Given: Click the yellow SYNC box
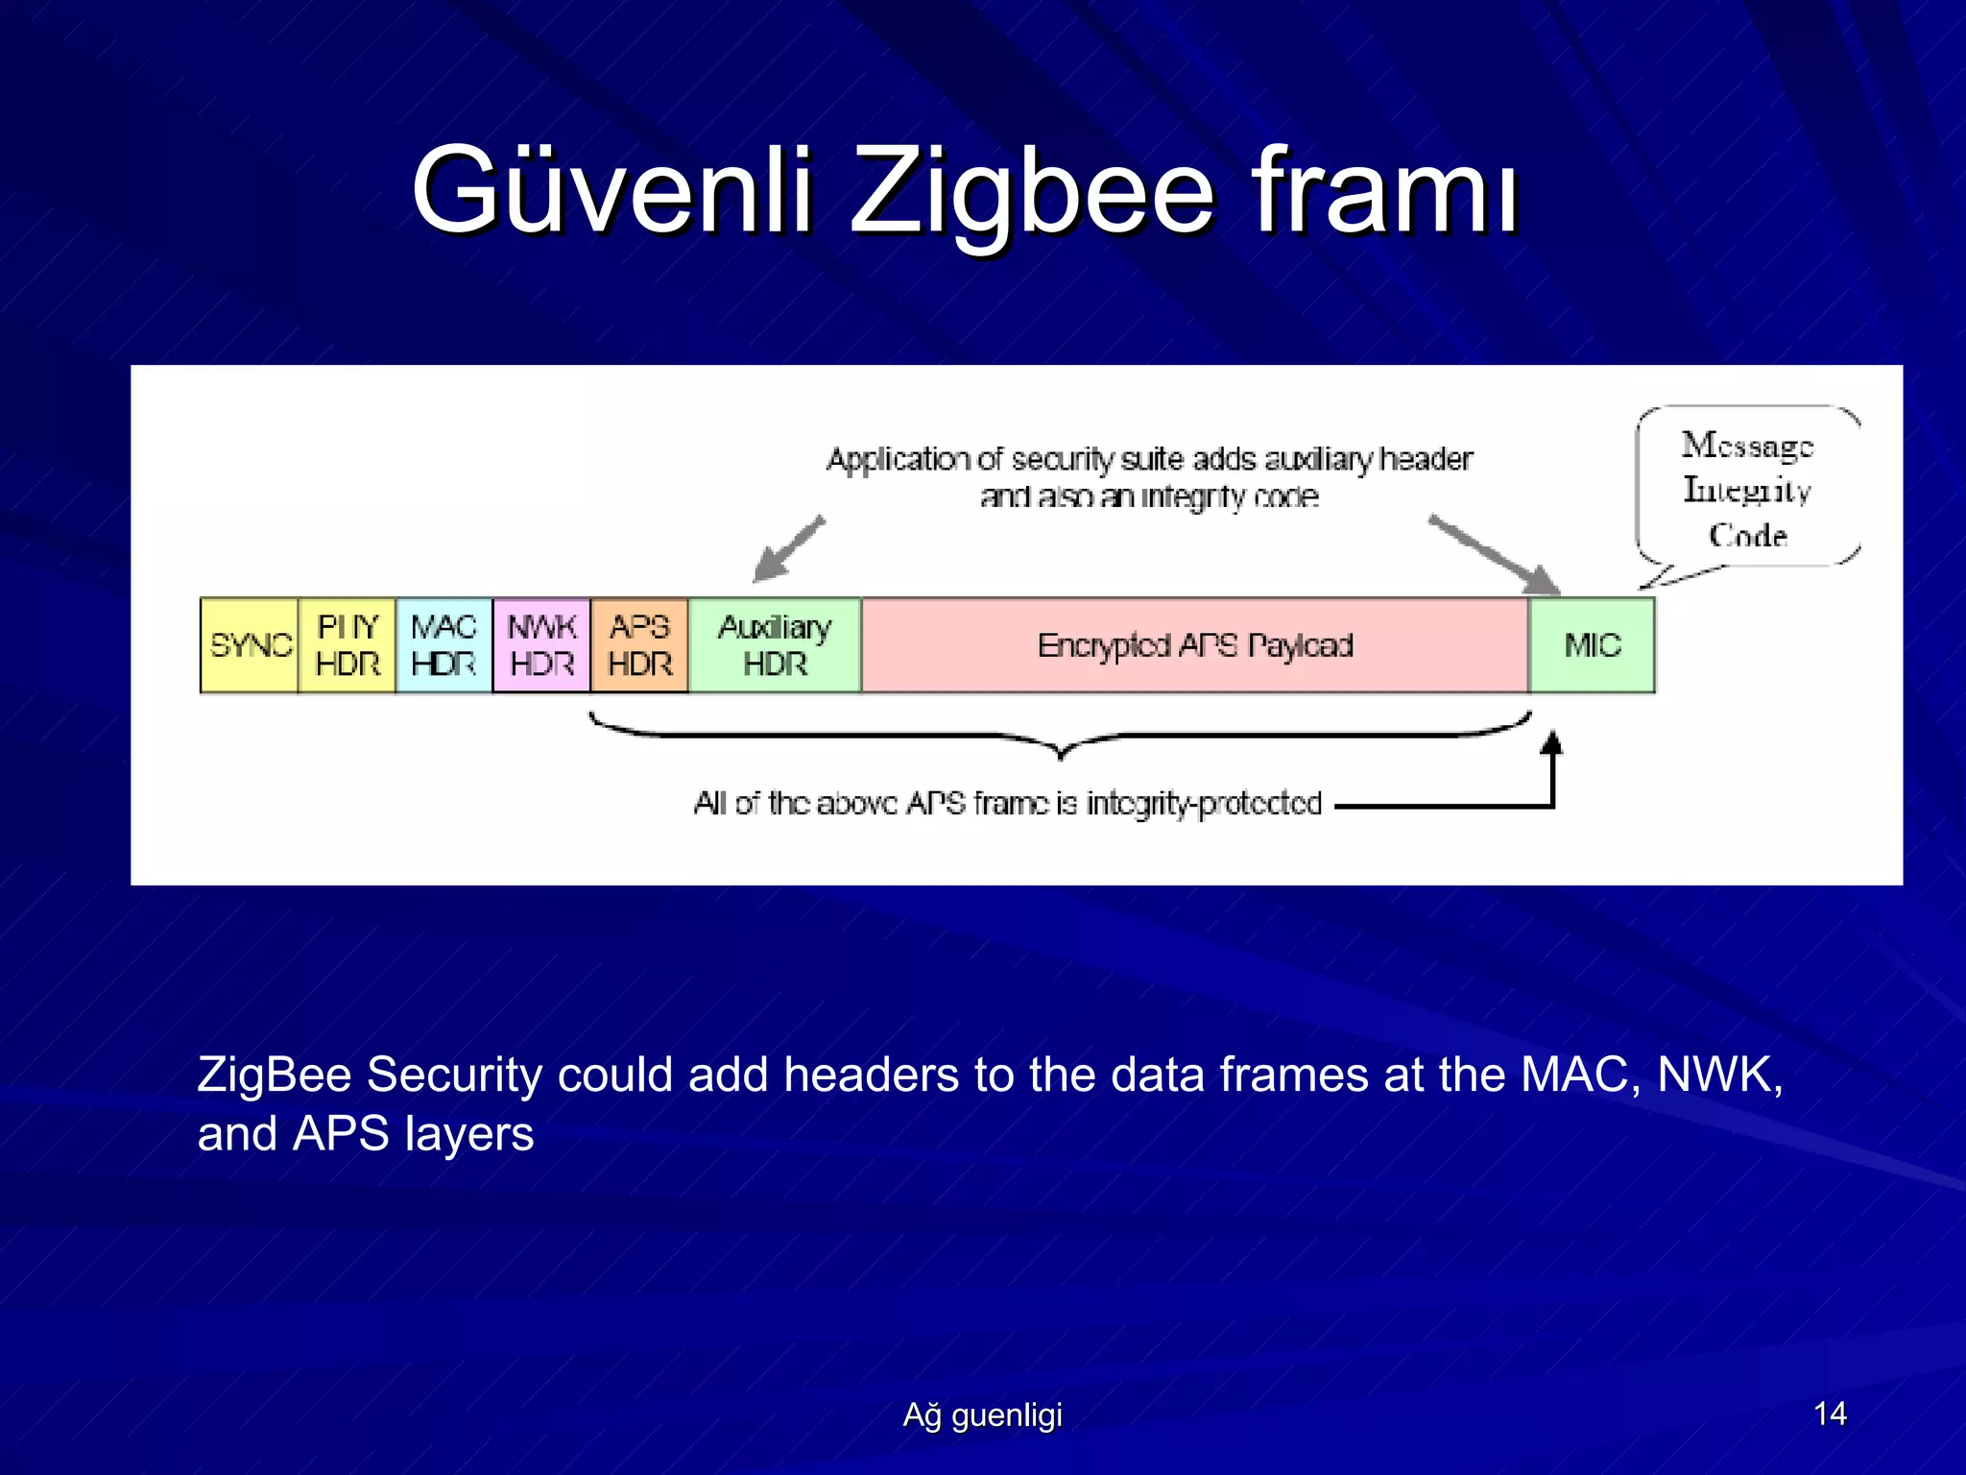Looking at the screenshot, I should (249, 645).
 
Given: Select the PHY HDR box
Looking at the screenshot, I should (348, 645).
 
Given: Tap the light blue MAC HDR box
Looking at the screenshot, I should (444, 645).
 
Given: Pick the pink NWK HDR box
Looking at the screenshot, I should (542, 645).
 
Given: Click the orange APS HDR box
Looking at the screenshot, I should (640, 645).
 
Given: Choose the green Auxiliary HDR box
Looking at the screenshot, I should (775, 645).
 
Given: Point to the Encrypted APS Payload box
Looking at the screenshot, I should (1195, 645).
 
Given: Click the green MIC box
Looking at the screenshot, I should (1593, 645).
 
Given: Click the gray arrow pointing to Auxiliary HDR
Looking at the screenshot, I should (789, 549).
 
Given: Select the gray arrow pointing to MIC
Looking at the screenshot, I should (1494, 555).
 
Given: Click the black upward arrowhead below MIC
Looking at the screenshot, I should (1551, 743).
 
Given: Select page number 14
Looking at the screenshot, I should (1830, 1414).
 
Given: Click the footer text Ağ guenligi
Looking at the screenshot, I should (982, 1415).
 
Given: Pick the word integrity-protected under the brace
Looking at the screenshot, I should (1204, 804).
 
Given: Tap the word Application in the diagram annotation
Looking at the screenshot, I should (898, 460).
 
